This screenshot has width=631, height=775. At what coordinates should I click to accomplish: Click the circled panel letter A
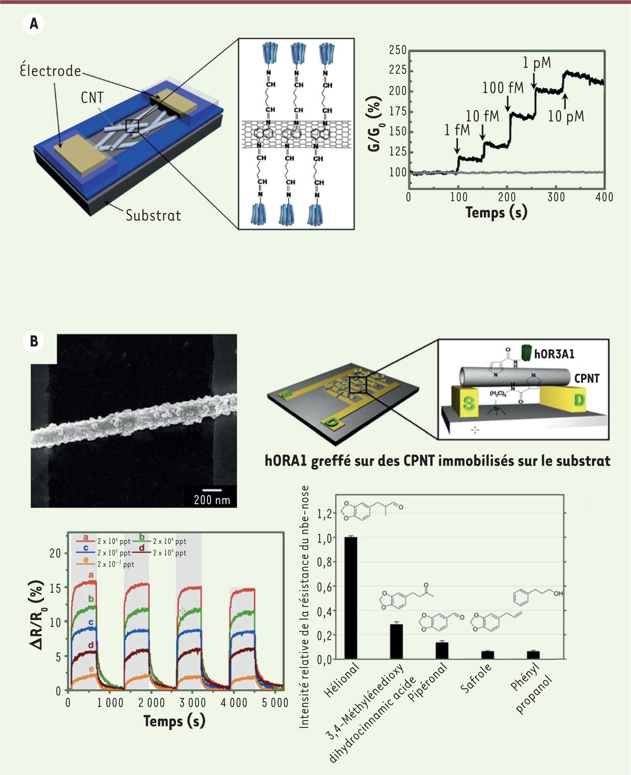[34, 24]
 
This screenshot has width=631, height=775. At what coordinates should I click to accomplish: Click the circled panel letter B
[34, 341]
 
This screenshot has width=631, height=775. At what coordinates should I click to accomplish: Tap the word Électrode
[50, 71]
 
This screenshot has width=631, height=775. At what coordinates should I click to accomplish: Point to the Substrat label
[153, 215]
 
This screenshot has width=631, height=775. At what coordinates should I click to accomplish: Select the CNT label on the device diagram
[92, 98]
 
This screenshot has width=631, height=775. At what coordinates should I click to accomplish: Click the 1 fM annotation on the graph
[456, 130]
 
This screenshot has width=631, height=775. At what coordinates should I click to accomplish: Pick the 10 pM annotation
[566, 116]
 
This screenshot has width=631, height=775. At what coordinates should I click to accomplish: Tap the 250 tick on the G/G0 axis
[398, 50]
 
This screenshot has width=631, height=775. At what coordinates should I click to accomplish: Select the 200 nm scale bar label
[212, 500]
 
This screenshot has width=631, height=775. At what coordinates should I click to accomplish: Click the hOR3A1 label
[554, 354]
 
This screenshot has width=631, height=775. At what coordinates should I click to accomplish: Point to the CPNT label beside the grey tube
[587, 379]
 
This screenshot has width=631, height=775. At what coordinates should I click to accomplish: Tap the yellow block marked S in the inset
[468, 403]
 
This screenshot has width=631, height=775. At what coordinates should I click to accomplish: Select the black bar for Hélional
[350, 598]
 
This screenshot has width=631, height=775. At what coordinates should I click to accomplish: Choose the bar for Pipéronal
[442, 650]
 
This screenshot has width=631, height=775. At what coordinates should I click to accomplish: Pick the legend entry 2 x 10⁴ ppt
[169, 541]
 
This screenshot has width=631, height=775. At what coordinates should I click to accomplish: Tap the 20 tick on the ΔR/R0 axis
[55, 553]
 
